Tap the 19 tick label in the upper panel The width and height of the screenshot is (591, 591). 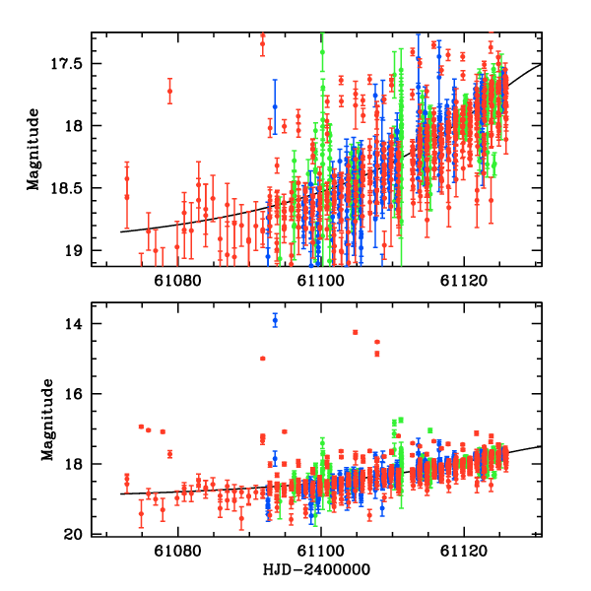[79, 250]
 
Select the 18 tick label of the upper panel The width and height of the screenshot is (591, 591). [79, 126]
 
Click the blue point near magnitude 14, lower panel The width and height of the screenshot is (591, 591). [275, 320]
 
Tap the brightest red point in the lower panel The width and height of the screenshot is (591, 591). [355, 332]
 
